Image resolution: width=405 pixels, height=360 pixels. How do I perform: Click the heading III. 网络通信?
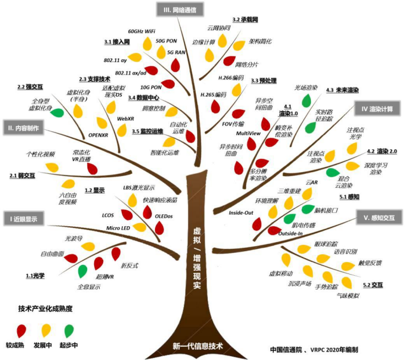pyautogui.click(x=180, y=9)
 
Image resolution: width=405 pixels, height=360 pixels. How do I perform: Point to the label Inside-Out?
pyautogui.click(x=240, y=211)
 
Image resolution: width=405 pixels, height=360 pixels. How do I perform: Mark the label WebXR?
pyautogui.click(x=126, y=118)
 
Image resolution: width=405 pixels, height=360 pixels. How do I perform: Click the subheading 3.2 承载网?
pyautogui.click(x=245, y=19)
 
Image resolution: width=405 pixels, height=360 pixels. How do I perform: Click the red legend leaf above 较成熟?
pyautogui.click(x=22, y=330)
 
